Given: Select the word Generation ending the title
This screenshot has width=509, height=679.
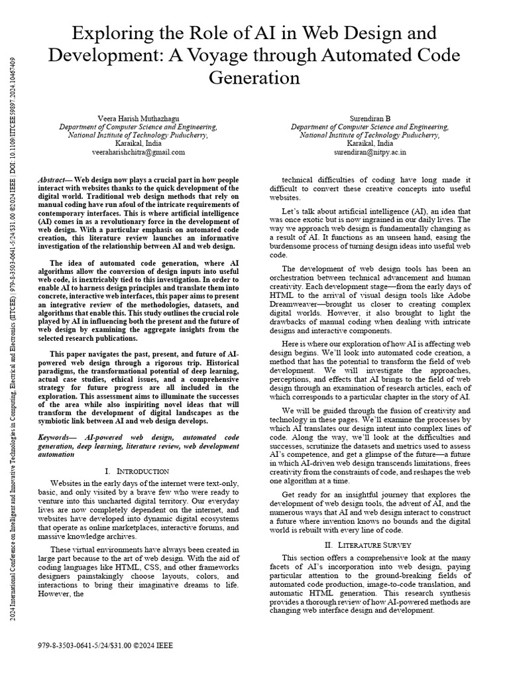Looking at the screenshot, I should click(254, 78).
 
